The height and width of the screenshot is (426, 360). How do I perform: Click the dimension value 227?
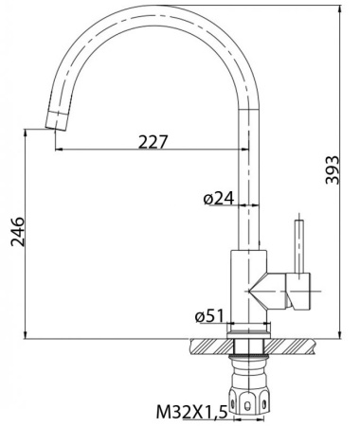[x=153, y=142]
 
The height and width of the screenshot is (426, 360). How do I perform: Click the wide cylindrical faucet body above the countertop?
[x=249, y=284]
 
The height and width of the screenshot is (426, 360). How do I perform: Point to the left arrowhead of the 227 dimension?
[x=60, y=149]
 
